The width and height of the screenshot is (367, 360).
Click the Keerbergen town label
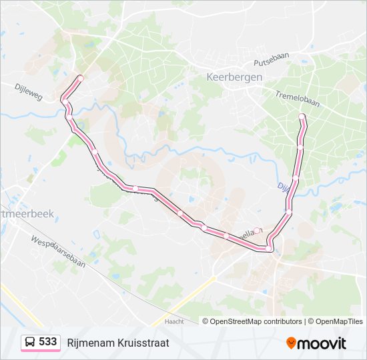(234, 77)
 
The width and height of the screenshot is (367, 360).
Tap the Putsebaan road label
(270, 62)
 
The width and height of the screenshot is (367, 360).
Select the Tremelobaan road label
(297, 99)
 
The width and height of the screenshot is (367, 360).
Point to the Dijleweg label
(28, 91)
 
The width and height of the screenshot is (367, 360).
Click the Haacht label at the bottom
(174, 322)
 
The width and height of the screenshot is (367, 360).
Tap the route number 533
(47, 342)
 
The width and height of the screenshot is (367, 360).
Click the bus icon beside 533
(30, 343)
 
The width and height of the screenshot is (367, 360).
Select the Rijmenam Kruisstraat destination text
(118, 343)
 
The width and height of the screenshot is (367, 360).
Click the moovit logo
(316, 343)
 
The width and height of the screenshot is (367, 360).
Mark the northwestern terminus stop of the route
(81, 79)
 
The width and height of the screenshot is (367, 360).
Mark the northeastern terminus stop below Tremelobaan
(302, 117)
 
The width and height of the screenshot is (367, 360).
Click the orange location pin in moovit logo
(292, 343)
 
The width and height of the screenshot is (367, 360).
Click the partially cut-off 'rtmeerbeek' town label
(27, 214)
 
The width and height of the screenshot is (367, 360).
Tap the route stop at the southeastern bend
(268, 249)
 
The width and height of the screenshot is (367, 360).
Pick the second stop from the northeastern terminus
(300, 147)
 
